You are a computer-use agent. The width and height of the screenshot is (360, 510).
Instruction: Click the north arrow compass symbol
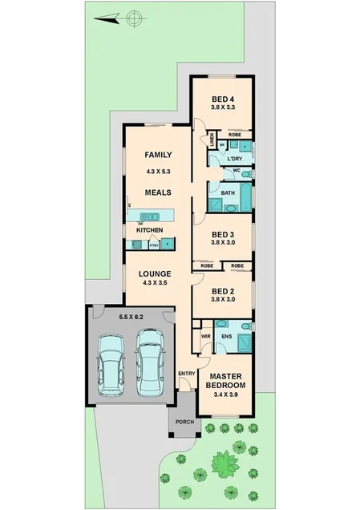tap(133, 15)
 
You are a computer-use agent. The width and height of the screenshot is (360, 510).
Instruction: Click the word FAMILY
tap(159, 155)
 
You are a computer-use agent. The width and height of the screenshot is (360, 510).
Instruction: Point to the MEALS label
tap(158, 192)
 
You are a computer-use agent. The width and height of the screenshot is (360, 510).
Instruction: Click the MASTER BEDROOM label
tap(226, 381)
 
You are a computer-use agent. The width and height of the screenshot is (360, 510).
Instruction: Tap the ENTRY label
tap(186, 373)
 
